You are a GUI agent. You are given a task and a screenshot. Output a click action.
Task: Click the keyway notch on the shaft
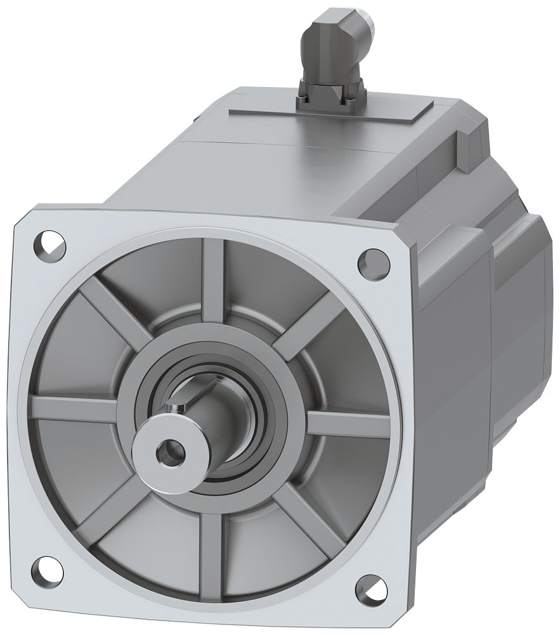click(176, 404)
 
